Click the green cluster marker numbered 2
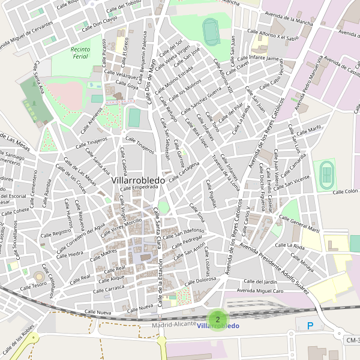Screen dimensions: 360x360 click(217, 319)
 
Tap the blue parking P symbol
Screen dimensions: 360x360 click(310, 326)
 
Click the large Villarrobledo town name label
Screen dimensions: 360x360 click(139, 179)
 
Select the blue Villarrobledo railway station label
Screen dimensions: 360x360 click(218, 326)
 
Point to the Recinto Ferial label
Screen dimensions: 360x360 click(80, 53)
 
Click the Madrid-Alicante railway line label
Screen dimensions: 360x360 click(174, 324)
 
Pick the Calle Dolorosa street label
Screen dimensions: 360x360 click(201, 280)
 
